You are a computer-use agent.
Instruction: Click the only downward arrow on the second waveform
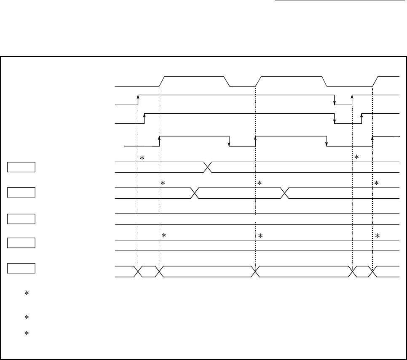tap(335, 102)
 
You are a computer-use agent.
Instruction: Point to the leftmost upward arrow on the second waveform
tap(138, 97)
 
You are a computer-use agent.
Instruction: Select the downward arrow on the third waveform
tap(335, 121)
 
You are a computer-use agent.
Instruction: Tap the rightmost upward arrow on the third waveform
tap(361, 116)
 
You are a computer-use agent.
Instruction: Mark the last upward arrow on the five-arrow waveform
tap(372, 139)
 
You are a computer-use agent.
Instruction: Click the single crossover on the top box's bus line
tap(208, 167)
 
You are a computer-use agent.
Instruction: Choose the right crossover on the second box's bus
tap(285, 193)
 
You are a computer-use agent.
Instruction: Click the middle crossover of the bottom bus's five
tap(256, 272)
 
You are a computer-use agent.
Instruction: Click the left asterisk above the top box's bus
tap(142, 158)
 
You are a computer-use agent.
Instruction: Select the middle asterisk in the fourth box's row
tap(260, 236)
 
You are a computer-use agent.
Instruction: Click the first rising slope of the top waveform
tap(161, 81)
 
